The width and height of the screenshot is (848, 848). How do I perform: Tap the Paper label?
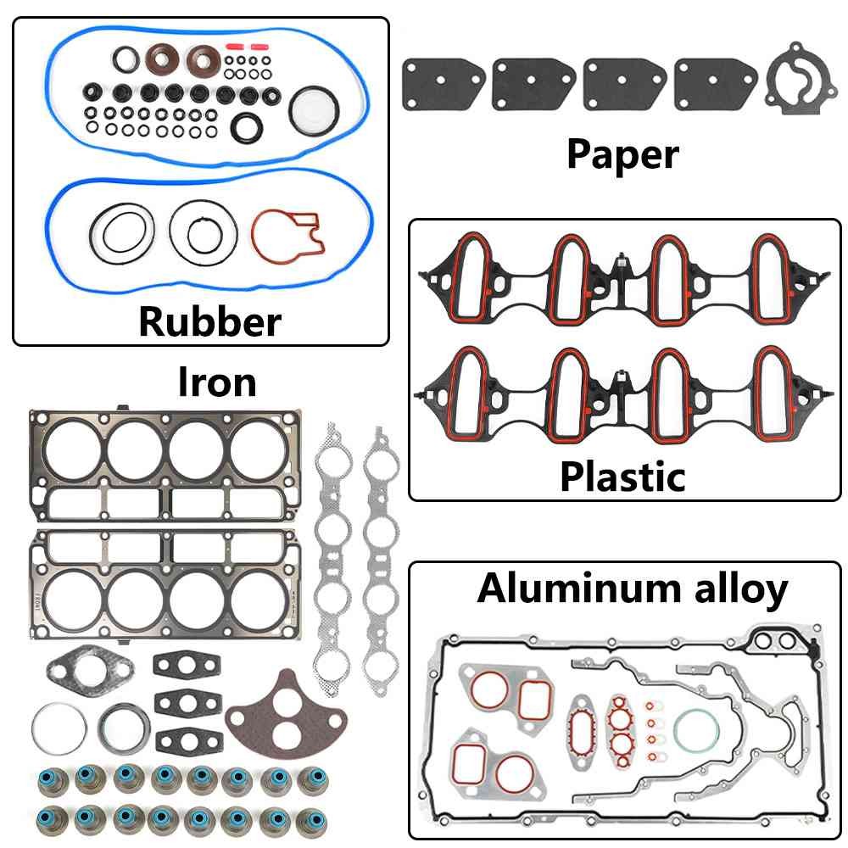coord(622,154)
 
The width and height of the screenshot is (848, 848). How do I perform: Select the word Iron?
coord(216,382)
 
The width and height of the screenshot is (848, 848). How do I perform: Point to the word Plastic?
coord(622,477)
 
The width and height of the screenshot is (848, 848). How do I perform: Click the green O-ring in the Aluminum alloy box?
coord(697,730)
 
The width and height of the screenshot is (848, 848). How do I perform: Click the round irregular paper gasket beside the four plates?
coord(795,83)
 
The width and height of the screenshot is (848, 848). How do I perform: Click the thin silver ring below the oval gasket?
coord(59,728)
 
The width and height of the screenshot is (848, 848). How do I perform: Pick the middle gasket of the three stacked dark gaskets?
coord(182,702)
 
